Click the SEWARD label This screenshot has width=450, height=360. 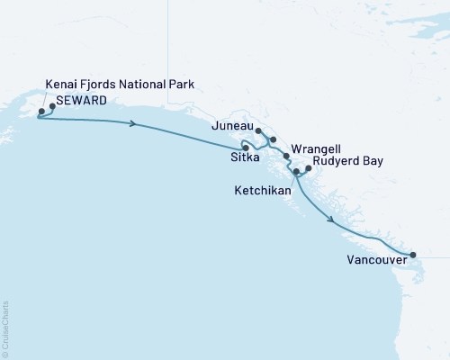point(86,100)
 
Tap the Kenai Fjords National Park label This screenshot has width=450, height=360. point(120,85)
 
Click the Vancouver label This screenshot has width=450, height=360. point(373,262)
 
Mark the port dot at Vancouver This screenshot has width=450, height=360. point(413,255)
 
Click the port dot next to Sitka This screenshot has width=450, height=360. point(258,148)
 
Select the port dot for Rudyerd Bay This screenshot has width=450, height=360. point(309,167)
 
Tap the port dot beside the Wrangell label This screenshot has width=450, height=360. point(286,157)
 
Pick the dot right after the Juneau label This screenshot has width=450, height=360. point(258,131)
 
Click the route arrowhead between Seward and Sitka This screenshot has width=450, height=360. point(133,124)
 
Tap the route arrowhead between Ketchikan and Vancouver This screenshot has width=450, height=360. point(332,220)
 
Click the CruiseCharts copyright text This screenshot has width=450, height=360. point(5,328)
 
